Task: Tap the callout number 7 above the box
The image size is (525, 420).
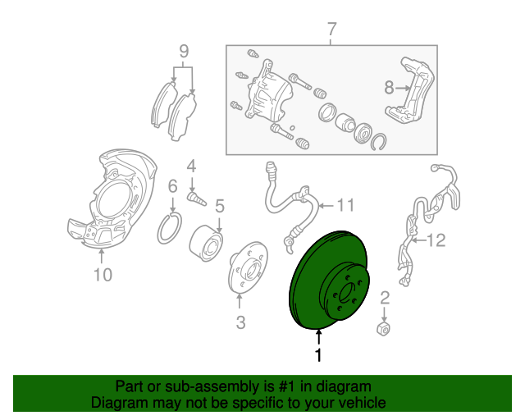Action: [x=331, y=30]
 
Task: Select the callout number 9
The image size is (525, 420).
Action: [x=184, y=51]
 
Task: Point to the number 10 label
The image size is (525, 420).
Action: [x=103, y=275]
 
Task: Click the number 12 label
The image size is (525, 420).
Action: [x=436, y=240]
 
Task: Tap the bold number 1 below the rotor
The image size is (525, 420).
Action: [x=318, y=355]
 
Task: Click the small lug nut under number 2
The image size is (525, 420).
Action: [x=383, y=328]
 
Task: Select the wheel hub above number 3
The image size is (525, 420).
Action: [x=248, y=268]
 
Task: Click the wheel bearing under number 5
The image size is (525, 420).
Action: [x=206, y=243]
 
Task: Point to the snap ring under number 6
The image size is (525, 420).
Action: [x=170, y=228]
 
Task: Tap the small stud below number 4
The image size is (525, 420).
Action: [x=197, y=199]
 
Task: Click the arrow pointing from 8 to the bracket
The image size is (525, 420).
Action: [x=403, y=88]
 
